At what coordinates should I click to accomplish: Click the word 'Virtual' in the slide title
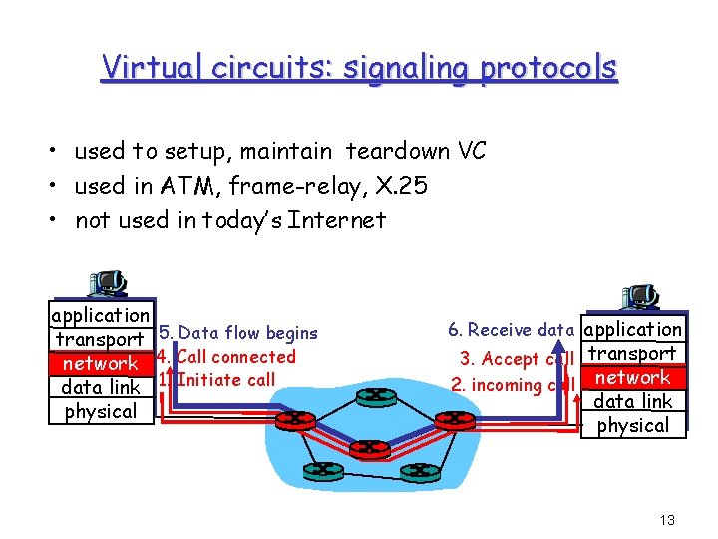[x=150, y=68]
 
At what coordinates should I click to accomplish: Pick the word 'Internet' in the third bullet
[x=336, y=219]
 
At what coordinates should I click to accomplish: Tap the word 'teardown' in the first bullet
[x=396, y=151]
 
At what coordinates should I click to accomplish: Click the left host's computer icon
[x=106, y=284]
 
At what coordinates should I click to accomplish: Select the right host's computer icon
[x=638, y=298]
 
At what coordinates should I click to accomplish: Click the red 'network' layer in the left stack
[x=101, y=364]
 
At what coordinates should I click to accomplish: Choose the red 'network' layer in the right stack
[x=633, y=378]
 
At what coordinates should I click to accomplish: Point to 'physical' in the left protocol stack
[x=101, y=411]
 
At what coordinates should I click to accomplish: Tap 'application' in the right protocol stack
[x=633, y=329]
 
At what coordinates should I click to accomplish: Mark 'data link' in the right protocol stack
[x=633, y=401]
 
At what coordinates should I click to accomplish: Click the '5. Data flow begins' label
[x=238, y=333]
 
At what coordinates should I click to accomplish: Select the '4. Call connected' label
[x=227, y=356]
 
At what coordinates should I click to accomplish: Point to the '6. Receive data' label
[x=511, y=329]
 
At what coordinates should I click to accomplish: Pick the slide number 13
[x=668, y=520]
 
